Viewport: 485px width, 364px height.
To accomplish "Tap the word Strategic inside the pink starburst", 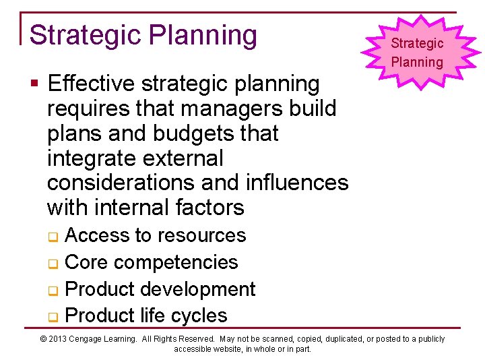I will click(418, 44).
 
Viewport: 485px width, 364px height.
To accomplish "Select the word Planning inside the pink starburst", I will click(418, 63).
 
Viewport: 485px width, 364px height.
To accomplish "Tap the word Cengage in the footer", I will click(92, 339).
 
